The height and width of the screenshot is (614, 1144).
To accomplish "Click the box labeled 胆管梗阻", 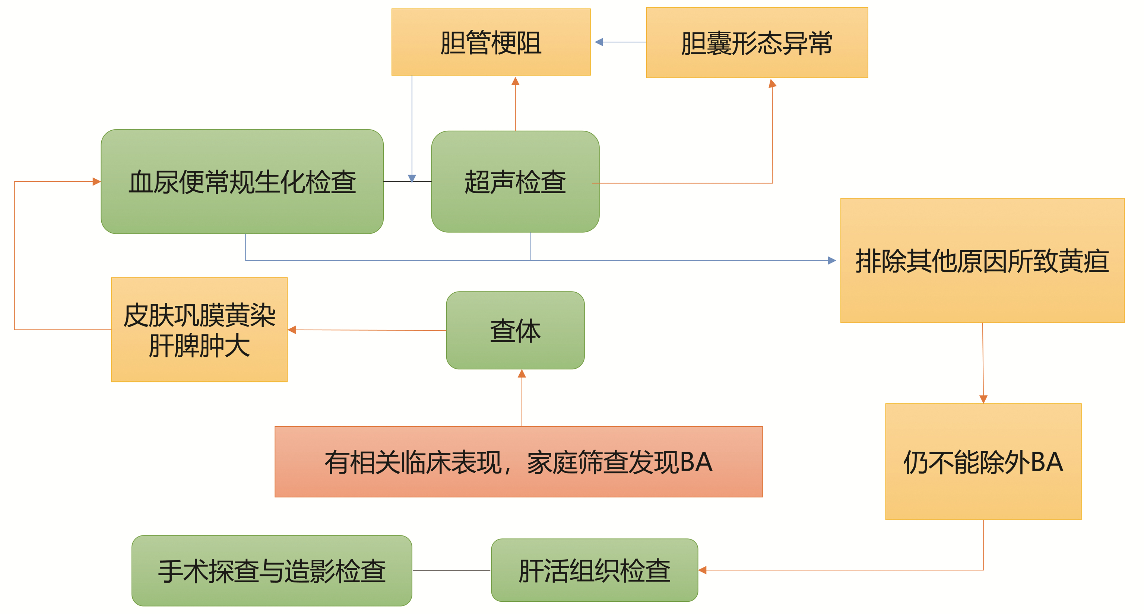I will [491, 42].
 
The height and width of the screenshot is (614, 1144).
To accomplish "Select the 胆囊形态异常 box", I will [757, 42].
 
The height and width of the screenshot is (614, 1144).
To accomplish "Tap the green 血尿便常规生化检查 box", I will [242, 182].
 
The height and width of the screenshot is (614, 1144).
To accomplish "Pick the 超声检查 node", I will [515, 182].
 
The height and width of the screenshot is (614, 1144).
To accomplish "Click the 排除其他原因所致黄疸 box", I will [982, 261].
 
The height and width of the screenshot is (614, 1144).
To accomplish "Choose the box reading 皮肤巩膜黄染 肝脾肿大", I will [199, 330].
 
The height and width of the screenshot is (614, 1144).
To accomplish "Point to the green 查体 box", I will [515, 330].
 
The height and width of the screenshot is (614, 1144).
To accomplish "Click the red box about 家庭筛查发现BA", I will [518, 462].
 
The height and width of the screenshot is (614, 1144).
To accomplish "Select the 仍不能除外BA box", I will [983, 462].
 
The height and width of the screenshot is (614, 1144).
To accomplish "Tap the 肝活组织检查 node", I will [594, 570].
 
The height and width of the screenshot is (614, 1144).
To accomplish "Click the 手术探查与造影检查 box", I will [272, 571].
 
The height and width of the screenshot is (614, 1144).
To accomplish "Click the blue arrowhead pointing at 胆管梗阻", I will [599, 42].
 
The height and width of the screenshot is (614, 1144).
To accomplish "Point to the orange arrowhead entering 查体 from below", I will [522, 374].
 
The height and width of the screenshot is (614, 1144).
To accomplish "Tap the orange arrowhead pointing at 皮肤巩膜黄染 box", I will [292, 330].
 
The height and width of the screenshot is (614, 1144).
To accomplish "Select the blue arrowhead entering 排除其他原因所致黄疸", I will [832, 261].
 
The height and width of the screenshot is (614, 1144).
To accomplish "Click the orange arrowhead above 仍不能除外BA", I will [983, 399].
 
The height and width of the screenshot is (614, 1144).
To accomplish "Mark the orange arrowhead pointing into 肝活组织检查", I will [703, 570].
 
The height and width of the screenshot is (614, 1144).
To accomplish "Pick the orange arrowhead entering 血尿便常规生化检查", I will [96, 182].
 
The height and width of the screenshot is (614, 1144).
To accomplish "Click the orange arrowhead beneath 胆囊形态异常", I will [772, 83].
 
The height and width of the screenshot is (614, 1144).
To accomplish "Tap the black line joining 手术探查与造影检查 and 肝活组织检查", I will [451, 570].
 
